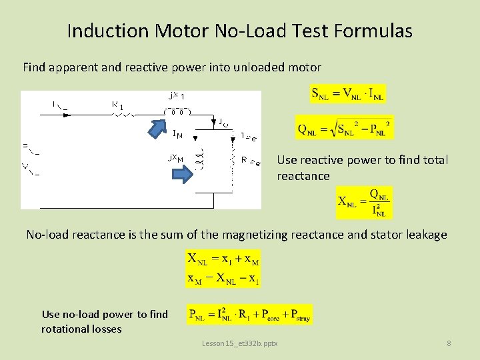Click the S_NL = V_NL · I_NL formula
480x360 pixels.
(x=348, y=94)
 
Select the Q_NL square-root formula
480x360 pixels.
(x=344, y=127)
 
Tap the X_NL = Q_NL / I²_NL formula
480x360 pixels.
(x=364, y=203)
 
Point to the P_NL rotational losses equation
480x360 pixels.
(x=249, y=314)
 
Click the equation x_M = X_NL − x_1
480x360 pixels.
(x=223, y=278)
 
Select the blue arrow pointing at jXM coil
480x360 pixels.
(x=181, y=175)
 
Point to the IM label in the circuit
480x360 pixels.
(x=177, y=135)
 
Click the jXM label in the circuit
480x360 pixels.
(x=175, y=159)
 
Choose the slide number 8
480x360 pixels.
(x=449, y=343)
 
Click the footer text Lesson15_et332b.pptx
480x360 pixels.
(x=240, y=343)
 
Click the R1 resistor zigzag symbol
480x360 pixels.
(x=124, y=114)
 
